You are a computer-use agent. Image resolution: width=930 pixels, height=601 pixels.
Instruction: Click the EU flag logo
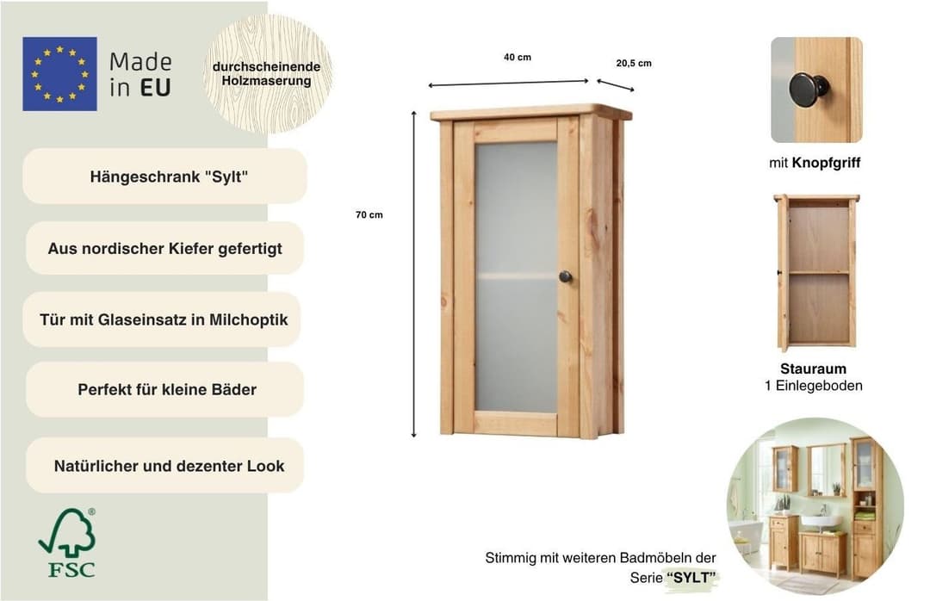pyautogui.click(x=59, y=74)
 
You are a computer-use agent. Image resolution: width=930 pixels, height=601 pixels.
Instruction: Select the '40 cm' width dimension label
pyautogui.click(x=518, y=58)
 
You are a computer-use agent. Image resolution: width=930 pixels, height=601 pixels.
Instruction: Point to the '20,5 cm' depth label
pyautogui.click(x=634, y=64)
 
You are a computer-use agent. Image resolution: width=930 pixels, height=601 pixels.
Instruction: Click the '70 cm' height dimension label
pyautogui.click(x=369, y=214)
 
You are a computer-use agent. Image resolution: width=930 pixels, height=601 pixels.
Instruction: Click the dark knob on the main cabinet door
pyautogui.click(x=565, y=276)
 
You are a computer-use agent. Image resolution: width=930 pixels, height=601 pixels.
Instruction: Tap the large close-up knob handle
pyautogui.click(x=809, y=90)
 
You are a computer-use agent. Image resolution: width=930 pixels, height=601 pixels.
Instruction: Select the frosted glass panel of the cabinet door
pyautogui.click(x=516, y=276)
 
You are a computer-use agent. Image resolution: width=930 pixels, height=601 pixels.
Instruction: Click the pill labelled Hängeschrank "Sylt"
pyautogui.click(x=164, y=177)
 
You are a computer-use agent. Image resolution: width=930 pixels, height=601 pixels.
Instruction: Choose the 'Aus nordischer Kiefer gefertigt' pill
pyautogui.click(x=164, y=249)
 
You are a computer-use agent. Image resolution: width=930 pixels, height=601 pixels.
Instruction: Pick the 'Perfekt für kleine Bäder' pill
pyautogui.click(x=164, y=389)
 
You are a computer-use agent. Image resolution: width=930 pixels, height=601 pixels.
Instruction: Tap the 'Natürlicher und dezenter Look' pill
pyautogui.click(x=164, y=466)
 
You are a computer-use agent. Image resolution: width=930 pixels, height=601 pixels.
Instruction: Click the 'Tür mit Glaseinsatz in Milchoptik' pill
pyautogui.click(x=162, y=319)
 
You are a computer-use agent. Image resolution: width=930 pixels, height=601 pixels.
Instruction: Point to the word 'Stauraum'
pyautogui.click(x=813, y=369)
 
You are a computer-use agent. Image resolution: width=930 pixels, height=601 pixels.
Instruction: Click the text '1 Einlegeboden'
pyautogui.click(x=813, y=386)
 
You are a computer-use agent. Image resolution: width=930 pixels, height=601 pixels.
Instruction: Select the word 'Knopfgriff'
pyautogui.click(x=826, y=163)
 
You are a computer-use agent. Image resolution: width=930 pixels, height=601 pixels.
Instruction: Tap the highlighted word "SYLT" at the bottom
pyautogui.click(x=691, y=577)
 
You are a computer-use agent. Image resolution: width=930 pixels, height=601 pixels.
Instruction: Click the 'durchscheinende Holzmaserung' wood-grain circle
pyautogui.click(x=267, y=73)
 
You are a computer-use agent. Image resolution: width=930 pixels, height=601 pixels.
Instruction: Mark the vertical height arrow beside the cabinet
pyautogui.click(x=414, y=274)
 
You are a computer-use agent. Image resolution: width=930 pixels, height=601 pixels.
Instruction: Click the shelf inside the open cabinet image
pyautogui.click(x=819, y=273)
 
